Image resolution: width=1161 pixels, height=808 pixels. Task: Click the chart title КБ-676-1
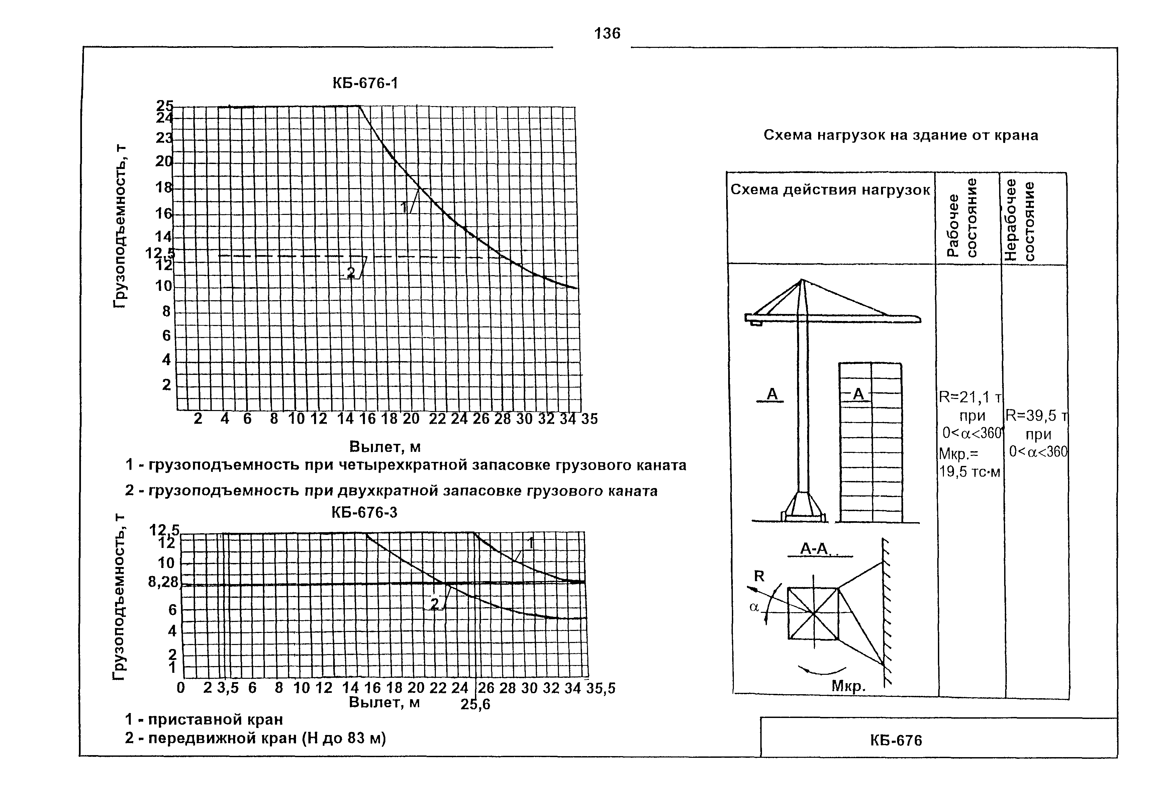pos(365,83)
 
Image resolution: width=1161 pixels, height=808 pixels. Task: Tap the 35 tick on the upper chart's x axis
pos(589,419)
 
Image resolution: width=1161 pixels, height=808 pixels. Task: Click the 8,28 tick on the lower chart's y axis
pos(163,582)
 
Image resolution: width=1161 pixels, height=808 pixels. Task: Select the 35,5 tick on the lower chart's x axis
pos(601,688)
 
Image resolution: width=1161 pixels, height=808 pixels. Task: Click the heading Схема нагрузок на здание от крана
pos(900,135)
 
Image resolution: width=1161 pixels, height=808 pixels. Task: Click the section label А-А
pos(814,549)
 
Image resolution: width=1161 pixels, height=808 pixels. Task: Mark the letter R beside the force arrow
pos(760,576)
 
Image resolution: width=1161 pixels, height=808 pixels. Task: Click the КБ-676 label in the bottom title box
pos(896,741)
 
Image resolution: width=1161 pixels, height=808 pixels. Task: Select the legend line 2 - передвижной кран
pos(255,739)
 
